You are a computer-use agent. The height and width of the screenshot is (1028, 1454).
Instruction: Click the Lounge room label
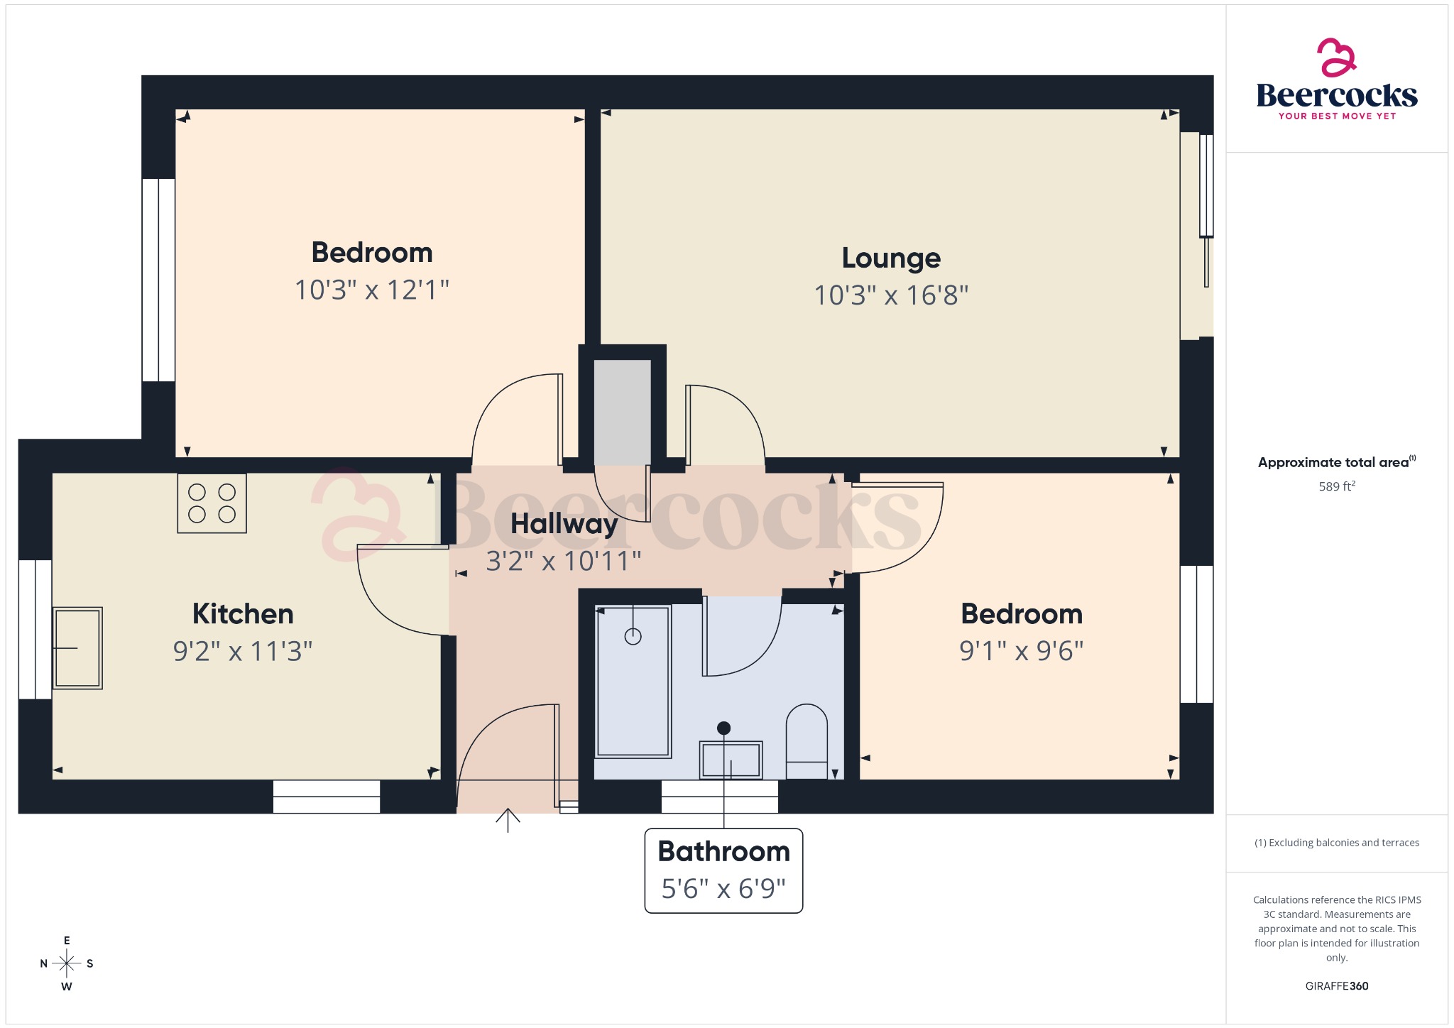coord(891,258)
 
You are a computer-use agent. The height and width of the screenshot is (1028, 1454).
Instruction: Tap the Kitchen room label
coord(243,614)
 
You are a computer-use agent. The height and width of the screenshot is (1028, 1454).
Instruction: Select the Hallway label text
coord(564,524)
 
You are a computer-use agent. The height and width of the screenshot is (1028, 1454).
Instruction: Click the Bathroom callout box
coord(723,870)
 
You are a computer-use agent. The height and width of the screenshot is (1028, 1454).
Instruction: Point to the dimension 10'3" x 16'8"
coord(891,295)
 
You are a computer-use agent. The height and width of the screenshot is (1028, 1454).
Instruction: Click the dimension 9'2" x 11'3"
coord(243,651)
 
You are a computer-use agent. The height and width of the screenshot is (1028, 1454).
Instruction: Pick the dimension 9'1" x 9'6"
coord(1021,651)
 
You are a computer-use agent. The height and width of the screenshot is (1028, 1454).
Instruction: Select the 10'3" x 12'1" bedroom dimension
coord(372,290)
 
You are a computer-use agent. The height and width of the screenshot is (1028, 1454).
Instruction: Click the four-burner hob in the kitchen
coord(212,503)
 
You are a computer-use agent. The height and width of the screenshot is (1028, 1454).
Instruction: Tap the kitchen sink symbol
coord(77,647)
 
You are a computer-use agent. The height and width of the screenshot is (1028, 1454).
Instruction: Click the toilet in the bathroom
coord(807,741)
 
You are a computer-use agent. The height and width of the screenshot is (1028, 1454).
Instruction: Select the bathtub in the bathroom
coord(633,681)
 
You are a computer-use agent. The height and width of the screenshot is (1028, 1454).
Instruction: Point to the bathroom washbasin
coord(731,760)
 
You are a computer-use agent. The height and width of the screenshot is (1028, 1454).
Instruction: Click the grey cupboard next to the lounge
coord(622,412)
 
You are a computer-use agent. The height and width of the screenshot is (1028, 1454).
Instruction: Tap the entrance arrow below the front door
coord(508,820)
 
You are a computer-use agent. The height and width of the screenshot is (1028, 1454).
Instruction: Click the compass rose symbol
coord(67,963)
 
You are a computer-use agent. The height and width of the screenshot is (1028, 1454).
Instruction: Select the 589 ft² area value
coord(1337,486)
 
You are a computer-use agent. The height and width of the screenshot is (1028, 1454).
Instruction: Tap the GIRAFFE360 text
coord(1337,985)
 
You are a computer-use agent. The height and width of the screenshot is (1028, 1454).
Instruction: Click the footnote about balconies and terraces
coord(1337,843)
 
